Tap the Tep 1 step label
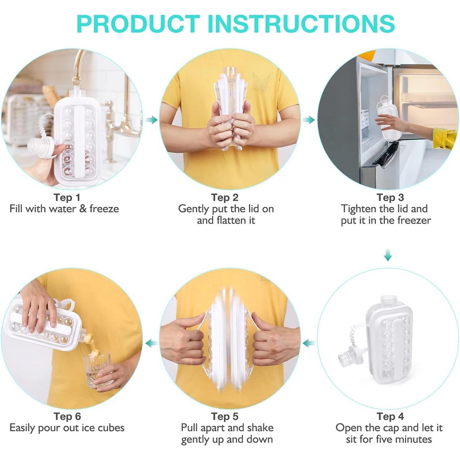67,197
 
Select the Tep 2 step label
225,197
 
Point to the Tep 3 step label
390,197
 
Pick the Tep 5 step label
225,416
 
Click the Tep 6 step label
67,416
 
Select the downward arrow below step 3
388,256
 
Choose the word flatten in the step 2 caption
229,221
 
